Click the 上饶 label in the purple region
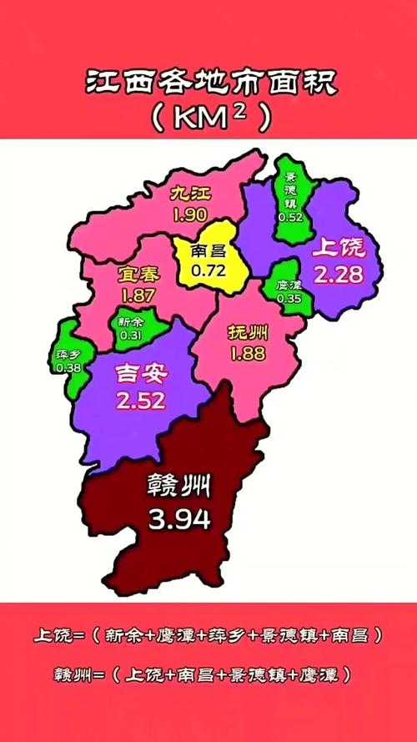[x=339, y=247]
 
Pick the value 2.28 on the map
[x=339, y=274]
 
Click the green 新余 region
[x=131, y=327]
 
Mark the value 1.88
[x=248, y=353]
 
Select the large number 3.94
[x=178, y=520]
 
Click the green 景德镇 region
[x=291, y=197]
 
